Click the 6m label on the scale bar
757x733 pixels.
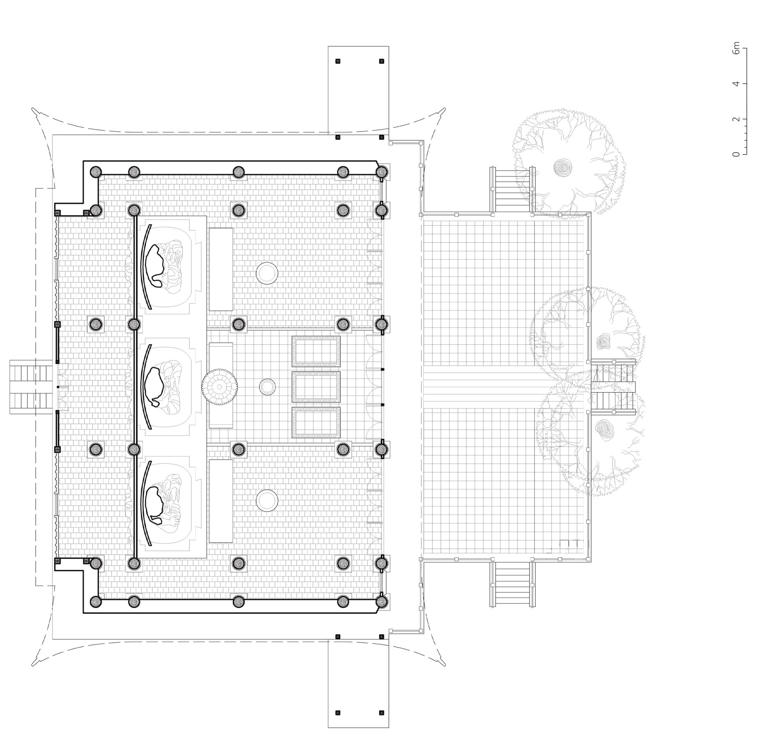coord(737,48)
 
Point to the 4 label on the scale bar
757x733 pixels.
coord(737,84)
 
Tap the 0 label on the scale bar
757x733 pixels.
coord(737,154)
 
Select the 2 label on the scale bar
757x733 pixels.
coord(737,119)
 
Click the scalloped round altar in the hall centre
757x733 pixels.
coord(220,387)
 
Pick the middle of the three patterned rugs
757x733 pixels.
coord(316,387)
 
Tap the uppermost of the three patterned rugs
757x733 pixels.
coord(316,351)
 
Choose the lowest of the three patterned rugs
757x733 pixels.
coord(316,423)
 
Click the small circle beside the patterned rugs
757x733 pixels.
coord(267,387)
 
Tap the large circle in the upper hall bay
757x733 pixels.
coord(267,273)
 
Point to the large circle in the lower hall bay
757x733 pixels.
coord(267,500)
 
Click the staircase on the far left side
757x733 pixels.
coord(31,387)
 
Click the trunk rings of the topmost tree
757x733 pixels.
coord(560,167)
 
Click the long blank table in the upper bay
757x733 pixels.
coord(221,269)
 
